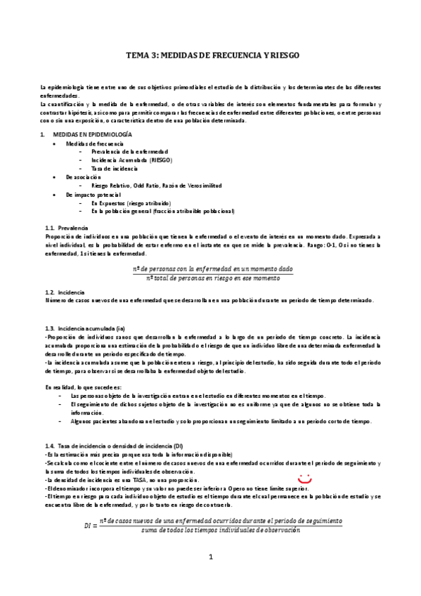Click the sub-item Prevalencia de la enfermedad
point(129,152)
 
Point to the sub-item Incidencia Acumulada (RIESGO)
point(131,160)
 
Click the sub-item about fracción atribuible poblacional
point(162,211)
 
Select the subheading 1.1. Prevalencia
point(66,228)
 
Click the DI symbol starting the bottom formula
point(88,525)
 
